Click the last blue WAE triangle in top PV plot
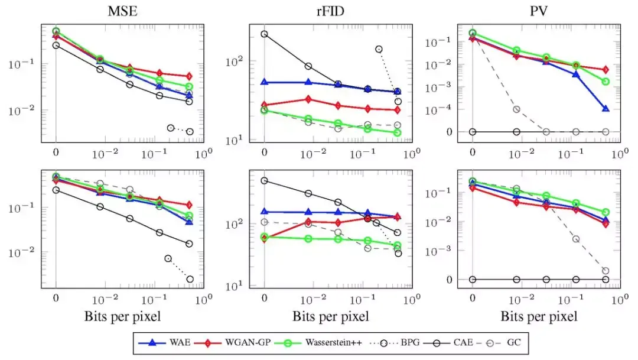click(x=606, y=109)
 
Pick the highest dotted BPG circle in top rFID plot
click(x=379, y=49)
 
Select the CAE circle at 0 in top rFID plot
click(x=264, y=34)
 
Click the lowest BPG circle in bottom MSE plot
click(x=190, y=279)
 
